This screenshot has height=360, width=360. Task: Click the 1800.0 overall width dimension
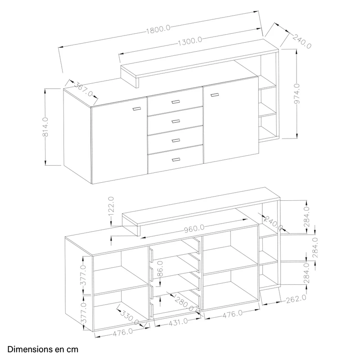[x=158, y=29]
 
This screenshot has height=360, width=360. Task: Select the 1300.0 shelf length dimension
[x=190, y=41]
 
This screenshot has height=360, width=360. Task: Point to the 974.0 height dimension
[x=297, y=94]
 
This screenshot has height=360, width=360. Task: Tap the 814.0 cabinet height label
[x=45, y=127]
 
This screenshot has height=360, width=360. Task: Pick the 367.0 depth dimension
[x=83, y=89]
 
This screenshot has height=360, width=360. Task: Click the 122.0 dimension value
[x=111, y=206]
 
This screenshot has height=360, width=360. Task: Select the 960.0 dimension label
[x=194, y=229]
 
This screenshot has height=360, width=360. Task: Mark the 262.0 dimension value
[x=296, y=299]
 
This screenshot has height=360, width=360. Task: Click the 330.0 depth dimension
[x=129, y=318]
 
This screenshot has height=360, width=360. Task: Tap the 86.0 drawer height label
[x=160, y=269]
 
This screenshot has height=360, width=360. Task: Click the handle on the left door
[x=137, y=109]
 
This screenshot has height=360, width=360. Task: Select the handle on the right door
[x=215, y=95]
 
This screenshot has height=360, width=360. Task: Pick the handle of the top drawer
[x=175, y=102]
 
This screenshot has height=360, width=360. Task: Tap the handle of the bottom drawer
[x=176, y=160]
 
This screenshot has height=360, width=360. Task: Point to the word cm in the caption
[x=72, y=350]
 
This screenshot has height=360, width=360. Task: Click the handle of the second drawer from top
[x=175, y=121]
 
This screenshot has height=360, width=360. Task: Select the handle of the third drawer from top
[x=176, y=140]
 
